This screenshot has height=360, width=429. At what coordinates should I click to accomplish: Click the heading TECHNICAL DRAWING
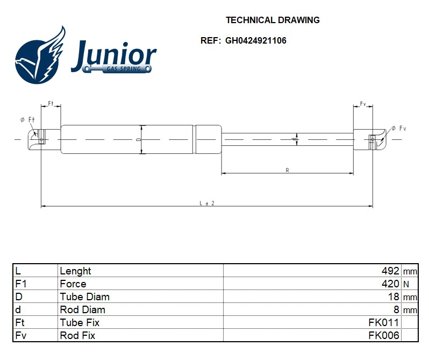273,20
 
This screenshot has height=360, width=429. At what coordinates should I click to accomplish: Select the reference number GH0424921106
255,40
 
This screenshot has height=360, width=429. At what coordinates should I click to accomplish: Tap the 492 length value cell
390,271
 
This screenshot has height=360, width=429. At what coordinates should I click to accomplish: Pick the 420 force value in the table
390,284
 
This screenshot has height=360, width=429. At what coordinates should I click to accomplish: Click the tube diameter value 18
394,297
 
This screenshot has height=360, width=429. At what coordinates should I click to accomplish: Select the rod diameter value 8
396,309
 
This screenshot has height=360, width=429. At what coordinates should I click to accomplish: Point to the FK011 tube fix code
384,322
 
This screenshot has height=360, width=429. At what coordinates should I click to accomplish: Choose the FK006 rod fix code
384,335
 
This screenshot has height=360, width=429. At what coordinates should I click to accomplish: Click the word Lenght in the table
75,271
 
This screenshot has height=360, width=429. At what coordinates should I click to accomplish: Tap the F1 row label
21,284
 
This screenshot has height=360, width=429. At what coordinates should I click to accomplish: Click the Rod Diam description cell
82,309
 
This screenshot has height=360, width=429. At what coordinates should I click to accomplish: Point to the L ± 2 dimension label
207,203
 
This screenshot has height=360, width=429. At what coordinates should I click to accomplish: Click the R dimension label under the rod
288,170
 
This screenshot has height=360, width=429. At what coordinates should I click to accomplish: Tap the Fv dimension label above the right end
363,103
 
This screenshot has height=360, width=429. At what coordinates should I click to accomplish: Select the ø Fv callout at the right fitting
398,128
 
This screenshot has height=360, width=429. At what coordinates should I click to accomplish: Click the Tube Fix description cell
80,322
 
